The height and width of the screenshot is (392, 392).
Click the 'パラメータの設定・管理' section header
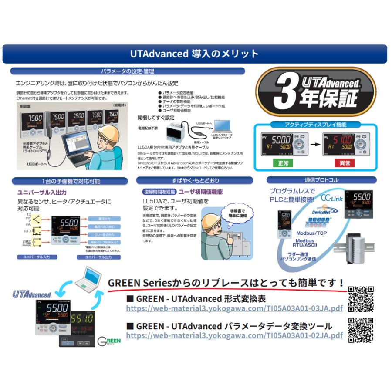(127, 71)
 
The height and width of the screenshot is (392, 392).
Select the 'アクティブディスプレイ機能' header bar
(315, 125)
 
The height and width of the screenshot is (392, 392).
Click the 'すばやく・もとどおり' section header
(195, 180)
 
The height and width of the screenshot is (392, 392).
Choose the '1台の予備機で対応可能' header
(71, 181)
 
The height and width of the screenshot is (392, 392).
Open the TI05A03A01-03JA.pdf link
(234, 308)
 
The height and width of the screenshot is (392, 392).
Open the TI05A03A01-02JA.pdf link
(234, 335)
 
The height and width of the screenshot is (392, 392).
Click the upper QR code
(361, 299)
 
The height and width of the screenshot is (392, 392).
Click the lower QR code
(361, 330)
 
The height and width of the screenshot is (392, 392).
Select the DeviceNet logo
(322, 212)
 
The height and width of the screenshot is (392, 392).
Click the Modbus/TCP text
(311, 233)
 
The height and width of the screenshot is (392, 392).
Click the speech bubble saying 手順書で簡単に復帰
(239, 213)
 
